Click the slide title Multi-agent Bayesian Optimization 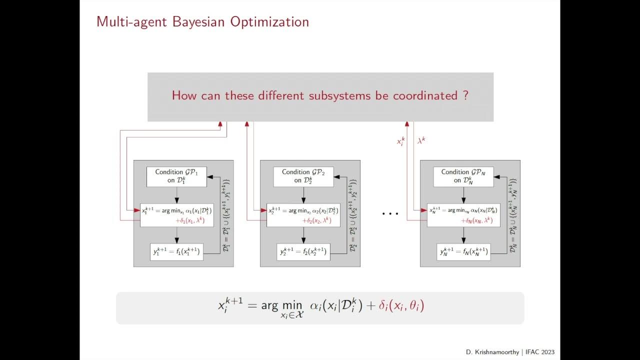[x=202, y=22]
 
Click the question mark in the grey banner [x=465, y=95]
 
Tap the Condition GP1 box [x=176, y=176]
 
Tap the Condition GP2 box [x=303, y=176]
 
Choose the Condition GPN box [x=463, y=176]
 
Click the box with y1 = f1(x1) [x=176, y=252]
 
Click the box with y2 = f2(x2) [x=303, y=252]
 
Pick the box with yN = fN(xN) [x=463, y=252]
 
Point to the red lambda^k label [x=421, y=141]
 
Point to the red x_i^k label [x=400, y=141]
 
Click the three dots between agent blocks [x=390, y=214]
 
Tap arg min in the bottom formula [x=281, y=305]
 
